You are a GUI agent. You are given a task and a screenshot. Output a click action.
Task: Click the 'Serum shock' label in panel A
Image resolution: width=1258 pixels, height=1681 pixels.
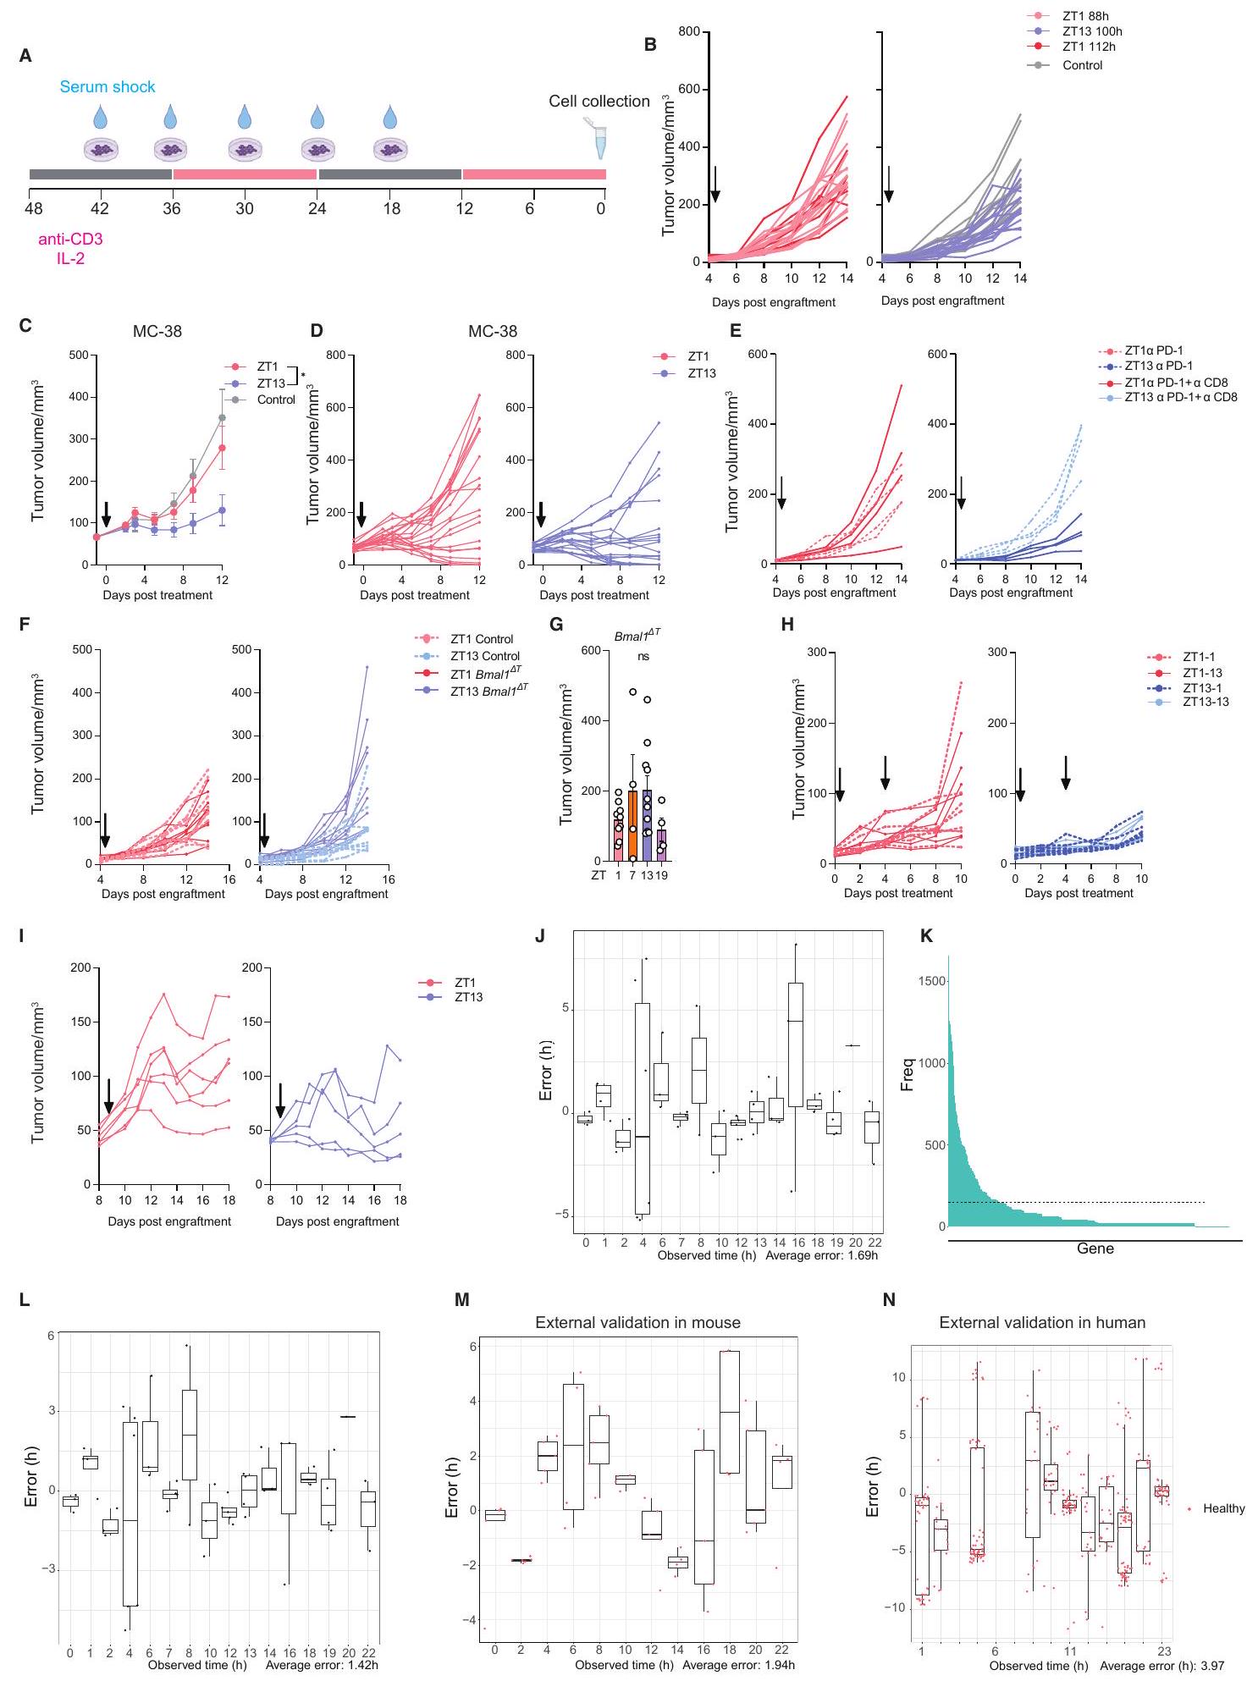tap(108, 87)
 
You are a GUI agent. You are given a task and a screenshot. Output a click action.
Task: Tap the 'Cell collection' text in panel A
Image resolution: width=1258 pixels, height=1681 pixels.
tap(599, 102)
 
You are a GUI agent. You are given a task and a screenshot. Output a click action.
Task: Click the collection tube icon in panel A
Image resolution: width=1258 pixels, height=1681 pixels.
tap(599, 141)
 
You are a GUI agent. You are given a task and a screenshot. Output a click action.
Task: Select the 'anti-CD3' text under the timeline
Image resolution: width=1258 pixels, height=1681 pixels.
tap(70, 240)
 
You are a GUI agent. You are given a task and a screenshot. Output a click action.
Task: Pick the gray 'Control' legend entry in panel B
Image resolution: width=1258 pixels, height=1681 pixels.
tap(1082, 65)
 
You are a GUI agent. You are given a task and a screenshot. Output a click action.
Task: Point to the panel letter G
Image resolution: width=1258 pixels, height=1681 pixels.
tap(556, 626)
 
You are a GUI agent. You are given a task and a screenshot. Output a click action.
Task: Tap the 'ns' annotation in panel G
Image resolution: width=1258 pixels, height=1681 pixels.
tap(643, 656)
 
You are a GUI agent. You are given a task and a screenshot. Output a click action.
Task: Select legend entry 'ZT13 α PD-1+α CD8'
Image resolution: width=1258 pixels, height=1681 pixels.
tap(1180, 397)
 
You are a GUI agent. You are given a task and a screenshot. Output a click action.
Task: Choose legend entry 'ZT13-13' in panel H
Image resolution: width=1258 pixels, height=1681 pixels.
tap(1206, 702)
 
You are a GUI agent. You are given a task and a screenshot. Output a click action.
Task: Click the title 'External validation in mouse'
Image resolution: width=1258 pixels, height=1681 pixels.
tap(637, 1322)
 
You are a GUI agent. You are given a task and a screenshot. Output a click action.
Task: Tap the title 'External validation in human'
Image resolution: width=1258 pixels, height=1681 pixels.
tap(1042, 1322)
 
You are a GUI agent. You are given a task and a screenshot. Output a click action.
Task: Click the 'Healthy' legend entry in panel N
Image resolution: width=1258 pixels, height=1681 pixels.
tap(1223, 1508)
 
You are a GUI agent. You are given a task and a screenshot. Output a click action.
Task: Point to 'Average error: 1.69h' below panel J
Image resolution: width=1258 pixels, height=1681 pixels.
tap(821, 1255)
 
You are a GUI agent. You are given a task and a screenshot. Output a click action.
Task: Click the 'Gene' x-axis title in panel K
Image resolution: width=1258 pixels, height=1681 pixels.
tap(1095, 1248)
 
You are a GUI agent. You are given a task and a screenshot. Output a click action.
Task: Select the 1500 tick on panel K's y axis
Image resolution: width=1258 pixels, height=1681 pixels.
tap(931, 981)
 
